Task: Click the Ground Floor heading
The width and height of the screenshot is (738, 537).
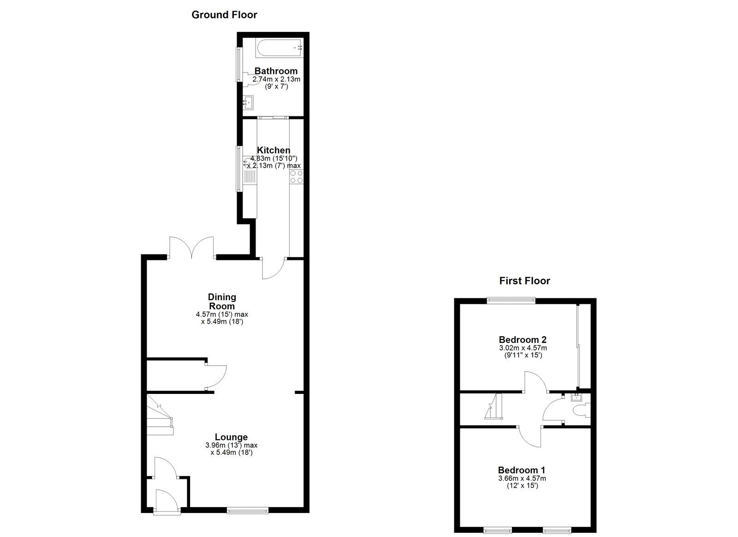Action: click(x=224, y=15)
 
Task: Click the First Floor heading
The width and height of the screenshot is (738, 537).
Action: click(x=524, y=281)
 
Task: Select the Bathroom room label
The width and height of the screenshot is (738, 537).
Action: click(x=276, y=71)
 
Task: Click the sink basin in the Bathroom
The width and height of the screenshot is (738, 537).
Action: click(x=248, y=102)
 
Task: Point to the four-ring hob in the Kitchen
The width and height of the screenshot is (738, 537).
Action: click(x=297, y=177)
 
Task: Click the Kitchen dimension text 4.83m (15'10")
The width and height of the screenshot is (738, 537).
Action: click(x=274, y=158)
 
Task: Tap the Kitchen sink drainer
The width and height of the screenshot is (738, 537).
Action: click(x=250, y=177)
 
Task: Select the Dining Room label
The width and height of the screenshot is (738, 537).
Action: click(x=222, y=302)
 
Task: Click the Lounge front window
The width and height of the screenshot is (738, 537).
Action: click(x=248, y=510)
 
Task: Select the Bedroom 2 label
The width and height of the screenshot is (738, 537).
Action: click(x=523, y=340)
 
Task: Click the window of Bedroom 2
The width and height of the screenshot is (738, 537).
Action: click(x=512, y=300)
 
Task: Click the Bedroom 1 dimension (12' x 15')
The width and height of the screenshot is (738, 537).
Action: click(x=522, y=486)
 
